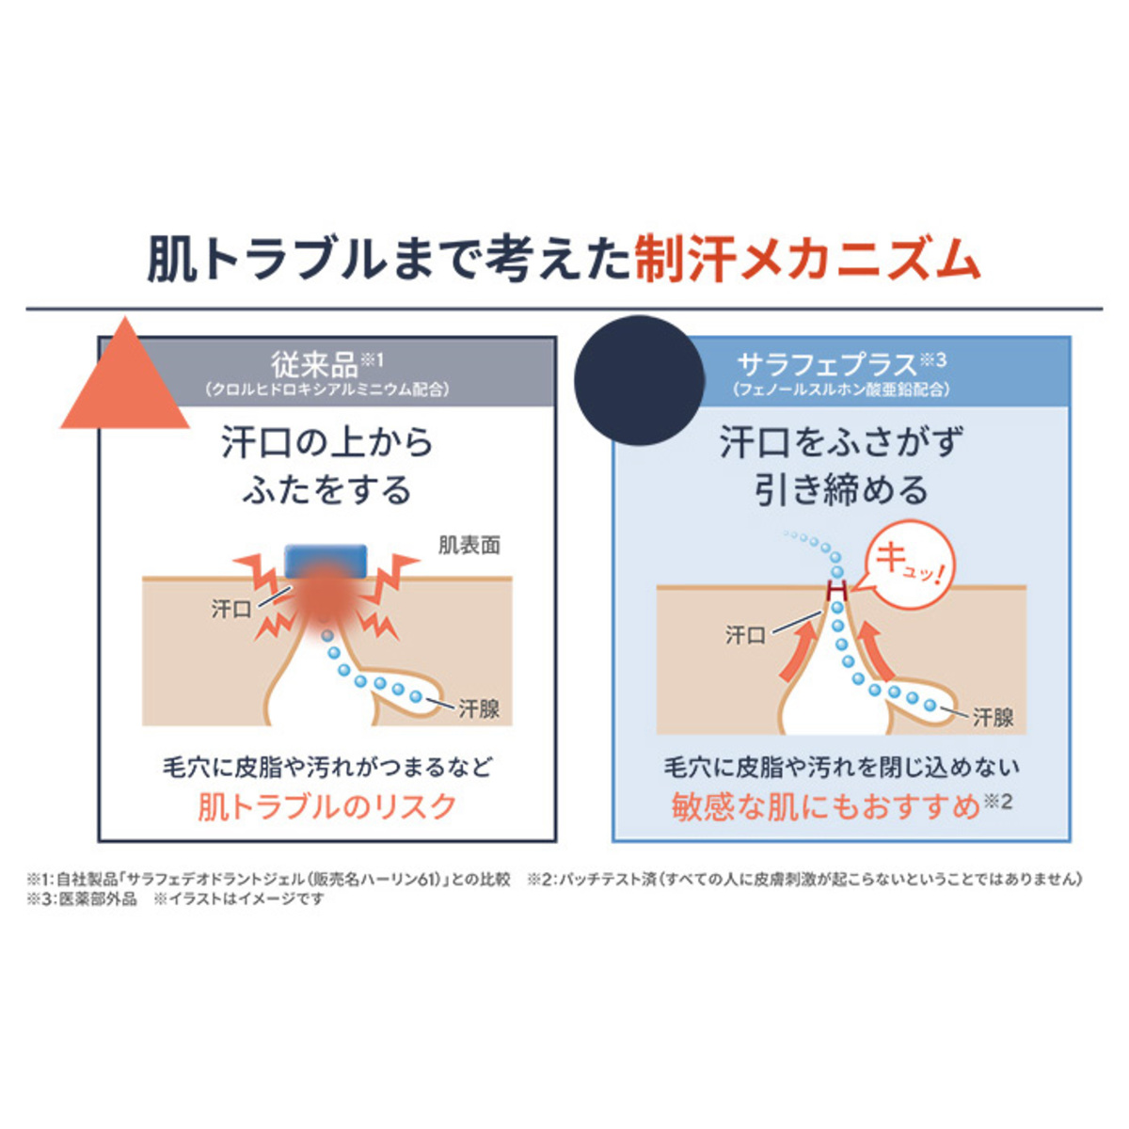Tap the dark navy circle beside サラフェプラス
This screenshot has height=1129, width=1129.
point(639,381)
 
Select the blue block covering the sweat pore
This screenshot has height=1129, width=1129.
point(326,561)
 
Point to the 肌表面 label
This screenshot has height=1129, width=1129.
point(469,546)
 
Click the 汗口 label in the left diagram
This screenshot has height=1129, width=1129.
point(231,610)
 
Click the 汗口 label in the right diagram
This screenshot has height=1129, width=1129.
point(745,635)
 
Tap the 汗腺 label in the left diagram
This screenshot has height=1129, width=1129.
point(479,709)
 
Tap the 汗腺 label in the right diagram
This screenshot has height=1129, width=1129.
point(994,717)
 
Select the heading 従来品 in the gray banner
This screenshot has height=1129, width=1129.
point(314,364)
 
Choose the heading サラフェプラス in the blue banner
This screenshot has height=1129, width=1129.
point(827,364)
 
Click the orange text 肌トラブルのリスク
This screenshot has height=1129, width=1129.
point(326,806)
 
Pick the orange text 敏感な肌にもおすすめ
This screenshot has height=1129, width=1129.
point(827,807)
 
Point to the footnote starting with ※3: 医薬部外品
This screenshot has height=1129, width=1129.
point(82,898)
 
